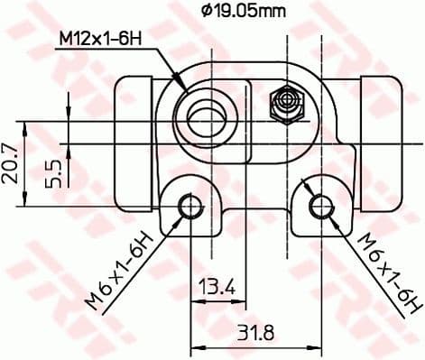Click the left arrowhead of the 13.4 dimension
click(x=194, y=302)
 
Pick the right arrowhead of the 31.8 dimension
click(x=313, y=346)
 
